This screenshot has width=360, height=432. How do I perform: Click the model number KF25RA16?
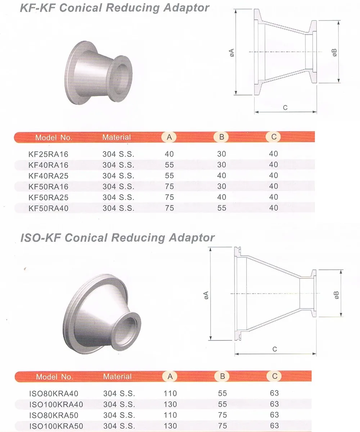(48, 154)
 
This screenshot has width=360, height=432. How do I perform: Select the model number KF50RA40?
(48, 208)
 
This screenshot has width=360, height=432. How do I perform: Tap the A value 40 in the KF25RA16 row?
(169, 154)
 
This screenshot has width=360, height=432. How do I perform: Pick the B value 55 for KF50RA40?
(222, 208)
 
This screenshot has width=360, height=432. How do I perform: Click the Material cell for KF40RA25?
(118, 176)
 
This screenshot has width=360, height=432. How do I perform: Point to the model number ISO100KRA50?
(56, 426)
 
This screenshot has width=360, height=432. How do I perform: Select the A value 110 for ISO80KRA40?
(170, 394)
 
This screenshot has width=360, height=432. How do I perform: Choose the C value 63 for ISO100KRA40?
(274, 404)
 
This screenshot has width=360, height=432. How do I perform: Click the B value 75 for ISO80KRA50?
(222, 415)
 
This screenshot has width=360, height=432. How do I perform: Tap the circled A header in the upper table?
(169, 137)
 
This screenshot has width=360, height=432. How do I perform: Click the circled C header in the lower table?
(274, 376)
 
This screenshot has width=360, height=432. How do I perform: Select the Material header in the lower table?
(117, 377)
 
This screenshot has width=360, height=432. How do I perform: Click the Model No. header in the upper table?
(54, 137)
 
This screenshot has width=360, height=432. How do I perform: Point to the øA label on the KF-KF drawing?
(231, 53)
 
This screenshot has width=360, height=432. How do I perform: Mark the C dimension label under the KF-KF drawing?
(285, 107)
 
